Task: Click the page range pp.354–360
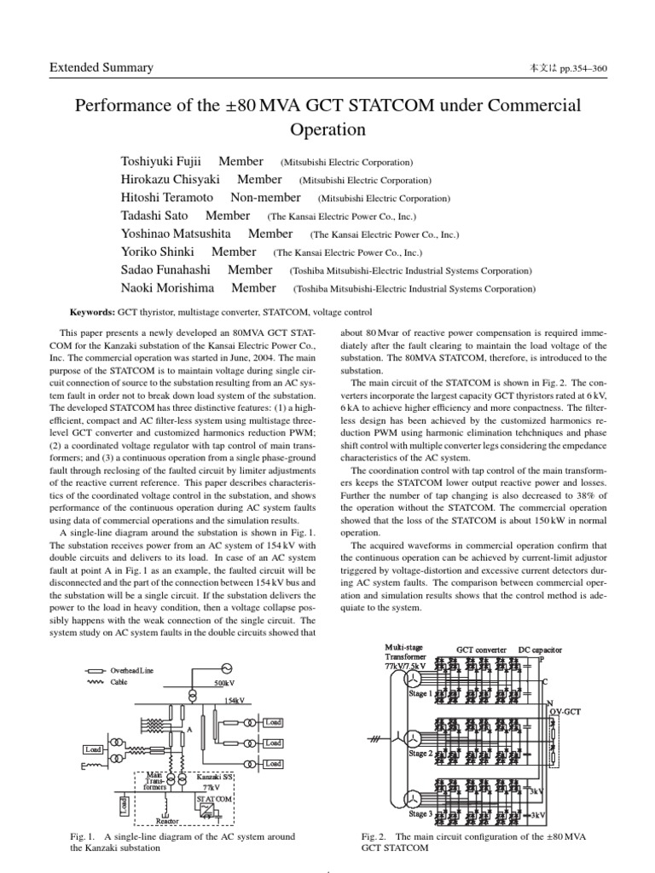(581, 68)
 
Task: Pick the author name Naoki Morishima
(167, 288)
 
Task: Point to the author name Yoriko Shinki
(158, 251)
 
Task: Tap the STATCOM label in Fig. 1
(214, 799)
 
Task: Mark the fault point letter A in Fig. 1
(189, 731)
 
